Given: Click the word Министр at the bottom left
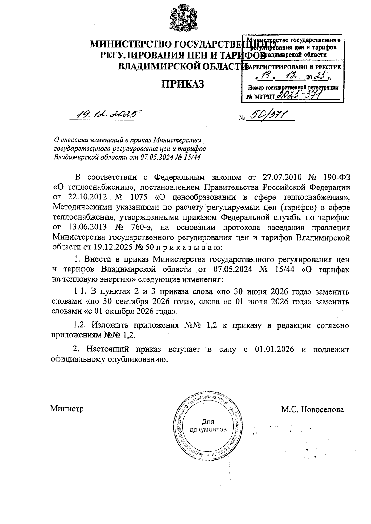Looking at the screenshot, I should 67,409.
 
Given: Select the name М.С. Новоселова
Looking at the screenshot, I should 312,409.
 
